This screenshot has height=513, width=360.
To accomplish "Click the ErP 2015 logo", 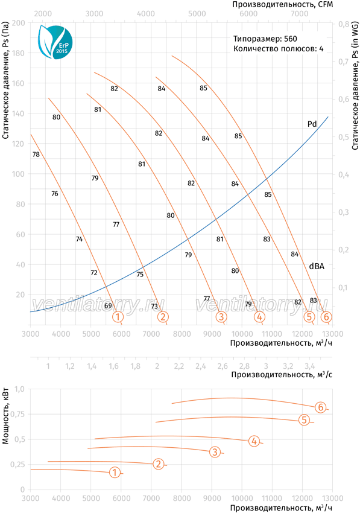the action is pos(55,42).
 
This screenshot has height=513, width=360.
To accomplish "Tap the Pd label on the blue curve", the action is pos(312,124).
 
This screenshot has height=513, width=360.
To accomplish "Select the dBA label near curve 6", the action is pos(317,266).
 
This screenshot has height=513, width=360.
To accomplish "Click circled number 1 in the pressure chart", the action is pos(118,317).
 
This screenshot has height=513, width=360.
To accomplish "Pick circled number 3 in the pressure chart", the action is pos(221,317).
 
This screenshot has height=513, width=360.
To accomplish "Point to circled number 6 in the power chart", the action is pos(321,407).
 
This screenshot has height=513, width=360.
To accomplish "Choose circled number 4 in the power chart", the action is pos(254,441).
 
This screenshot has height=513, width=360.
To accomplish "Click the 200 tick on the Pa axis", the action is pos(18,23).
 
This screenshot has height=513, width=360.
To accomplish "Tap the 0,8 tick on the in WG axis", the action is pos(343,24).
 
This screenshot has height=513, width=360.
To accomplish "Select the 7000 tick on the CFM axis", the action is pos(300,14).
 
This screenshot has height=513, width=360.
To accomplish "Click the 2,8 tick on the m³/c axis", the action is pos(244,366).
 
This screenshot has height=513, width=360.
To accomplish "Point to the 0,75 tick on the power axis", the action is pos(17,414).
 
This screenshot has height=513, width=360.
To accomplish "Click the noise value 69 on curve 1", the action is pos(108,306).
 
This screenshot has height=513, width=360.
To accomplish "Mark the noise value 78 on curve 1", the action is pos(36,154).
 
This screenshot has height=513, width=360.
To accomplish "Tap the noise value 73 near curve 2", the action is pos(154,306).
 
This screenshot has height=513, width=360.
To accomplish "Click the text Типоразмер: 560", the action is pos(265,39).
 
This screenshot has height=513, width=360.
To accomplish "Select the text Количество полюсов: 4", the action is pos(278,49).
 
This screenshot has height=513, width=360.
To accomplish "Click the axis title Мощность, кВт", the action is pos(5,416).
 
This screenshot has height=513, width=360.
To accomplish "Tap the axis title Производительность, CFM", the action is pos(283,4).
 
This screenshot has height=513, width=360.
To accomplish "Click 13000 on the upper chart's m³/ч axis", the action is pos(333,334).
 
